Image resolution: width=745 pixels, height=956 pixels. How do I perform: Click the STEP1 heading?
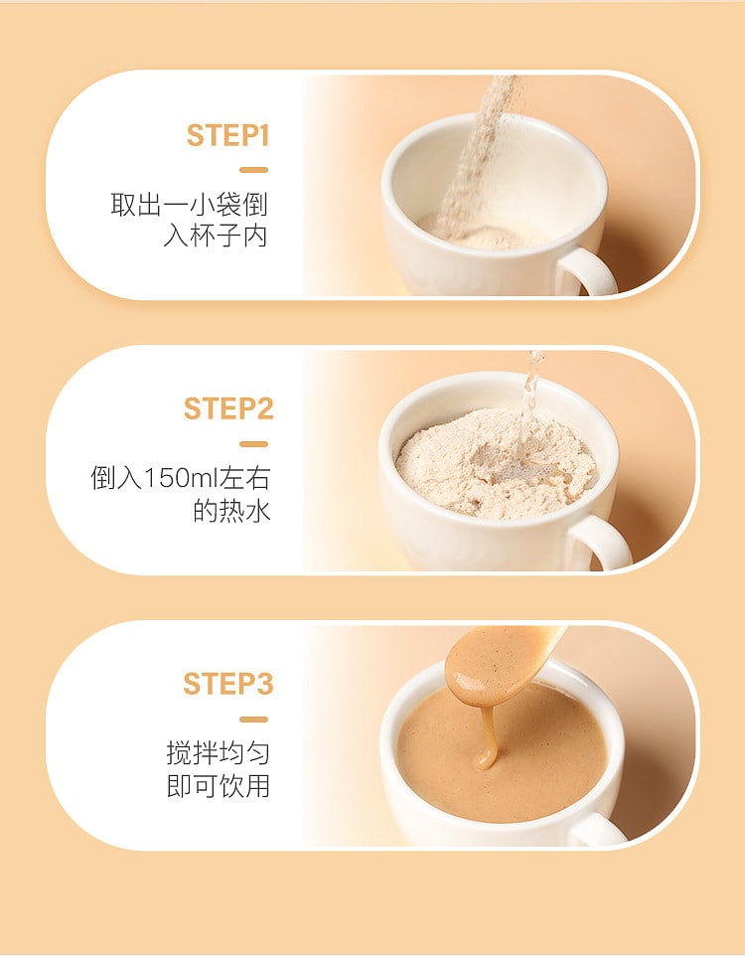(227, 135)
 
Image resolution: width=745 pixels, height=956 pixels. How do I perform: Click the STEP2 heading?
(227, 409)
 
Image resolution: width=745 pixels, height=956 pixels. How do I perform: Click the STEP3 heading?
(227, 684)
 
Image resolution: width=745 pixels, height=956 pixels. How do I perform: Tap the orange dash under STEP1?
(254, 170)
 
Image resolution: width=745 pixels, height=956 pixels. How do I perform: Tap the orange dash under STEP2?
(254, 444)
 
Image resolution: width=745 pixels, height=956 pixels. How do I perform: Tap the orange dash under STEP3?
(254, 718)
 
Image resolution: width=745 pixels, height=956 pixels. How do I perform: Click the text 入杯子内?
(216, 238)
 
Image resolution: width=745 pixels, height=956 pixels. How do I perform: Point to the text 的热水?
(230, 512)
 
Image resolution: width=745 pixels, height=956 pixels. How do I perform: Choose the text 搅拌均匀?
(218, 753)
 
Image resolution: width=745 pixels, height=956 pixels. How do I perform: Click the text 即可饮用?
(218, 786)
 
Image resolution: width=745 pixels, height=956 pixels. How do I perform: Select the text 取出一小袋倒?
(190, 205)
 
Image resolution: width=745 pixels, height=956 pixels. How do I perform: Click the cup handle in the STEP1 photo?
(592, 270)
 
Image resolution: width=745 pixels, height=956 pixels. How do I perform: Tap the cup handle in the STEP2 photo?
(604, 542)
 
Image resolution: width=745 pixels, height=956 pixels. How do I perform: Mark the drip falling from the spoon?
(486, 735)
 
